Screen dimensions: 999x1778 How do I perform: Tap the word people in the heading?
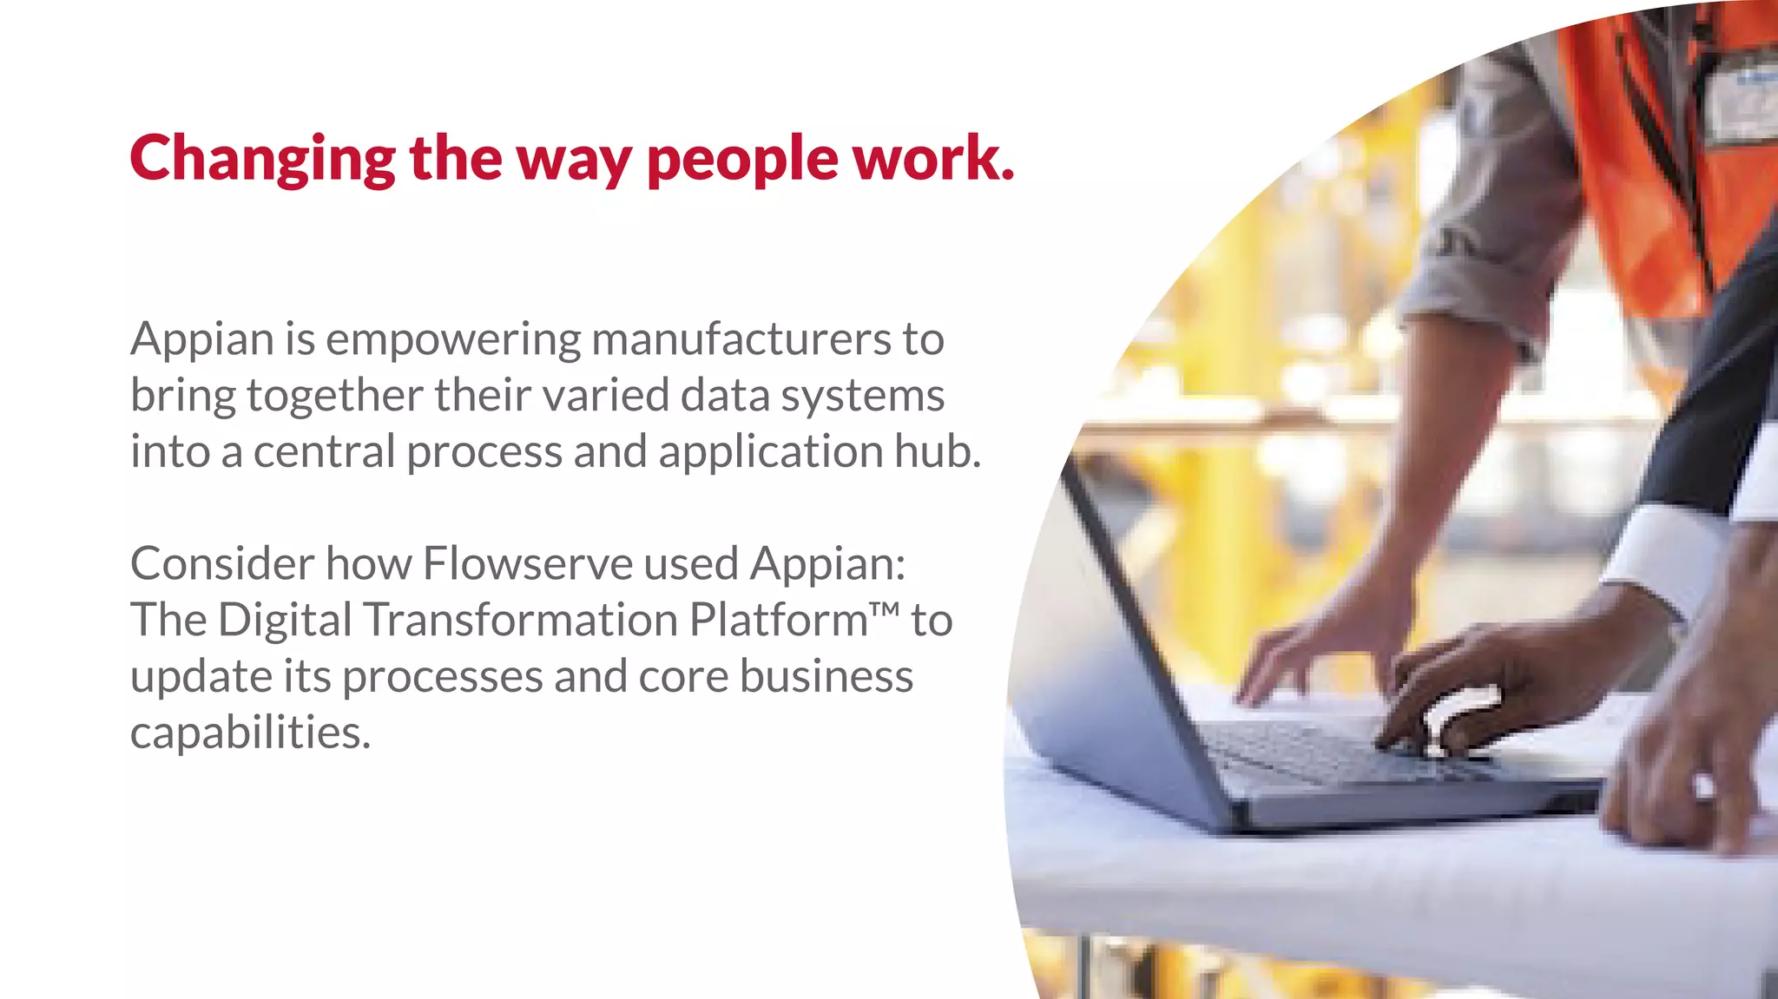tap(742, 159)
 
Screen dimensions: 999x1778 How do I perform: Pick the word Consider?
tap(222, 563)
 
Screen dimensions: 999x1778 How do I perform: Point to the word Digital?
tap(285, 620)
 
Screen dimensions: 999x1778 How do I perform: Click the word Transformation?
tap(521, 620)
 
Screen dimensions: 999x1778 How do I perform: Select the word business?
tap(826, 676)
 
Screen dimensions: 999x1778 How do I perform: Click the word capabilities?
tap(250, 733)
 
